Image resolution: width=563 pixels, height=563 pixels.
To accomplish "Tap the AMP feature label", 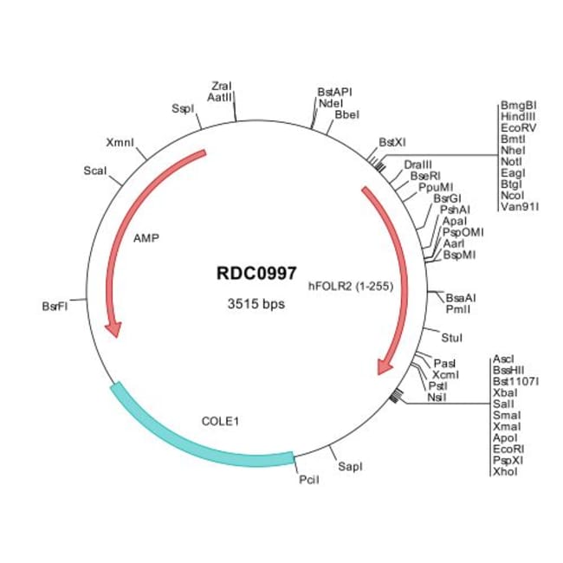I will pyautogui.click(x=146, y=236).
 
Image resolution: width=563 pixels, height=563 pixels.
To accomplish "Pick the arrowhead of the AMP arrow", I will pyautogui.click(x=112, y=329).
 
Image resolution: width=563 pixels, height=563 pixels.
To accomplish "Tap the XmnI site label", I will pyautogui.click(x=120, y=142).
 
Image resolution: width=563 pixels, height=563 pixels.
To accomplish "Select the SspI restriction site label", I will pyautogui.click(x=182, y=109).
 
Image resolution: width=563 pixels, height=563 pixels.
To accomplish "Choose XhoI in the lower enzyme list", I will pyautogui.click(x=503, y=472).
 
